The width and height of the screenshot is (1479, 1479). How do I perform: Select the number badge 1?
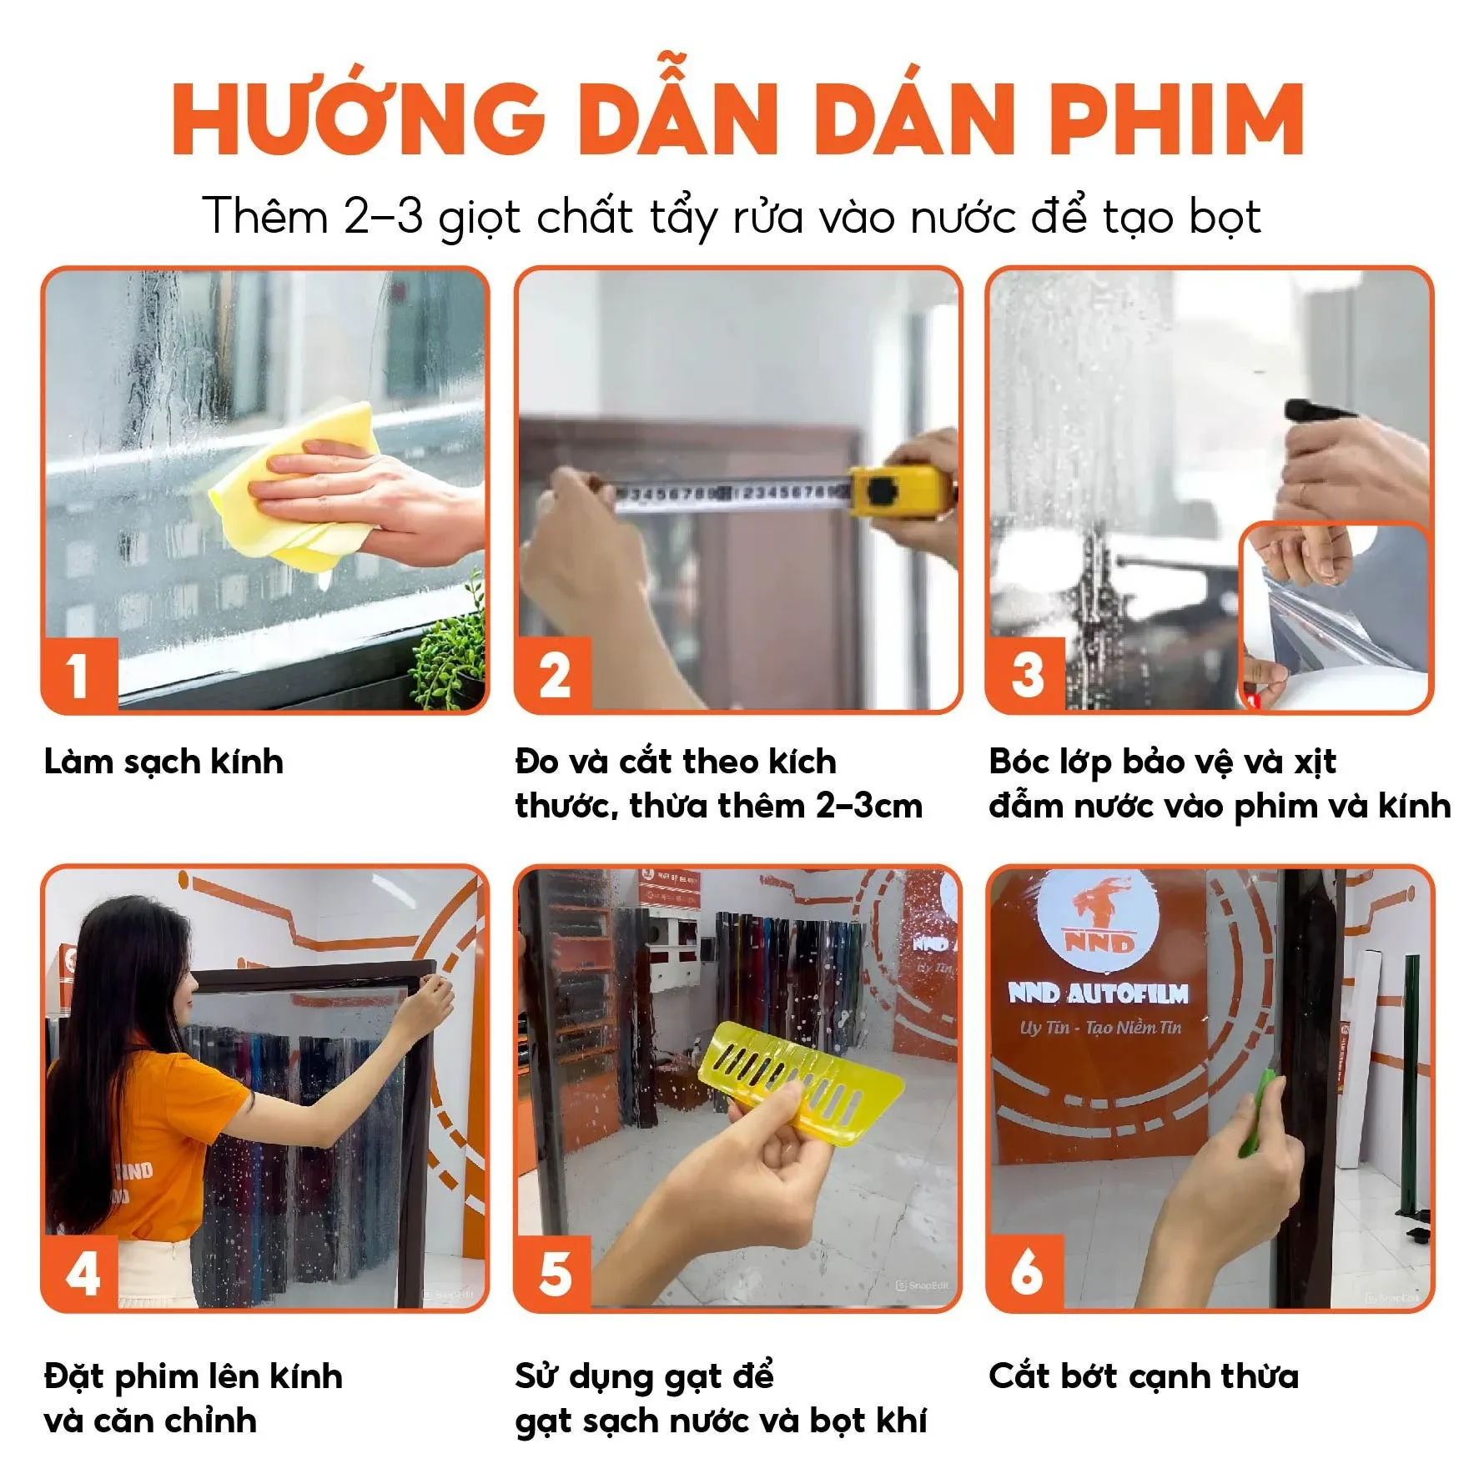click(78, 674)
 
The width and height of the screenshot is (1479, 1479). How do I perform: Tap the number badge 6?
click(1025, 1273)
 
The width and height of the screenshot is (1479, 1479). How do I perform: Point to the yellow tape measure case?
click(897, 492)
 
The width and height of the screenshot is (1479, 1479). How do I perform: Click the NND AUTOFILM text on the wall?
click(1098, 993)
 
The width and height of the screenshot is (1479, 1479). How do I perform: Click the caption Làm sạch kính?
click(163, 762)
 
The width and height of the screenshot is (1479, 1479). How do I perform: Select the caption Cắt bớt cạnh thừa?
click(1143, 1376)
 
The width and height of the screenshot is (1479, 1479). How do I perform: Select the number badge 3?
click(1027, 675)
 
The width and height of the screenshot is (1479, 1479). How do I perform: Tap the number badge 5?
click(554, 1274)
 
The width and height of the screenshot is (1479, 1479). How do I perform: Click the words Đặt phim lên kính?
click(193, 1376)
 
